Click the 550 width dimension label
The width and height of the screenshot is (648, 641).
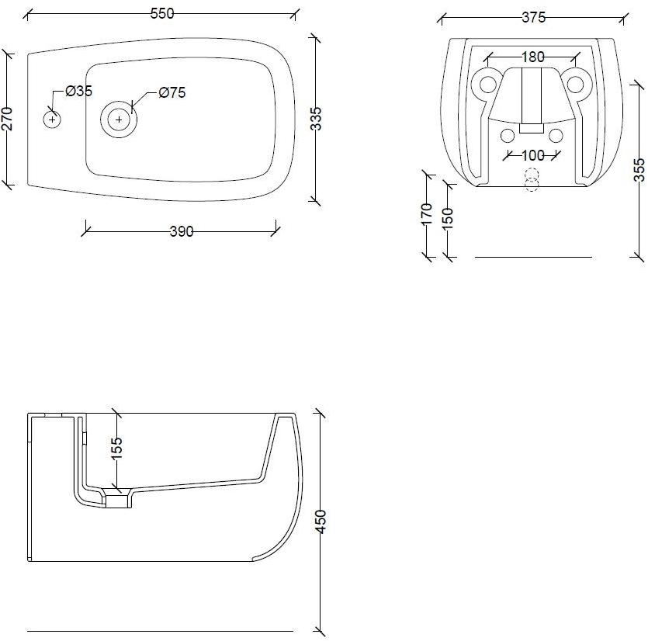tap(162, 14)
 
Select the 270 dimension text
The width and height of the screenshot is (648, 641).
tap(8, 119)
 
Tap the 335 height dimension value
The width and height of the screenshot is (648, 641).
tap(316, 119)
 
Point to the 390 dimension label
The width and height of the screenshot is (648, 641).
tap(182, 231)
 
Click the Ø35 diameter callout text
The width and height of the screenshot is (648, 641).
tap(79, 91)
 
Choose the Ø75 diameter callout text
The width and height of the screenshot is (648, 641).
tap(172, 92)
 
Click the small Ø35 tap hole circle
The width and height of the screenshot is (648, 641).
tap(52, 120)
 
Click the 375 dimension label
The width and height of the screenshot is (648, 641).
tap(533, 17)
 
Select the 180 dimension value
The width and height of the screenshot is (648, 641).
tap(533, 57)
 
